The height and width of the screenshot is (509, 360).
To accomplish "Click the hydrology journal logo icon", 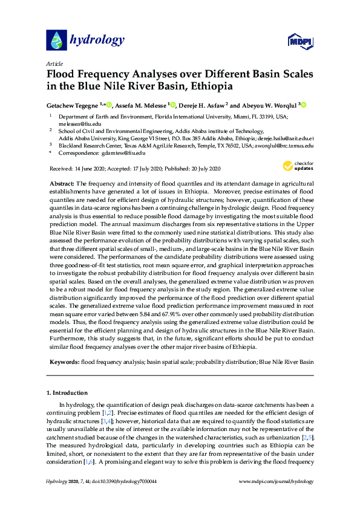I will pos(55,41).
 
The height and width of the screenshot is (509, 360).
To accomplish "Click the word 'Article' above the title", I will pos(54,63).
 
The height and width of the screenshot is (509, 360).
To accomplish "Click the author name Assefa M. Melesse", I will pos(141,105).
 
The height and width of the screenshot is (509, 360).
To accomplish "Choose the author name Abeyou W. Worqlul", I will pos(269,105).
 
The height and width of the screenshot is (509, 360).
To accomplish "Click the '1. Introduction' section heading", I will pos(71,393).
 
